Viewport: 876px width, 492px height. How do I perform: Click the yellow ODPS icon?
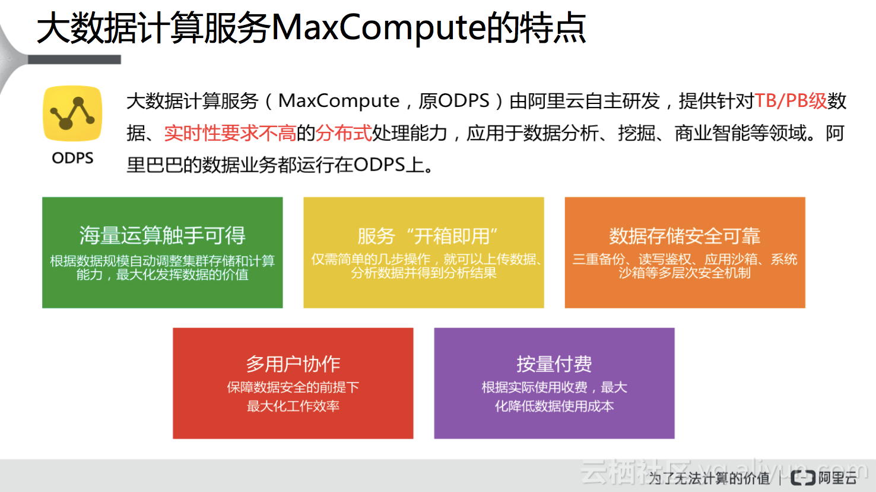[x=72, y=113]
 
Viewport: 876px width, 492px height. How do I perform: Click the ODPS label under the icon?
[x=72, y=158]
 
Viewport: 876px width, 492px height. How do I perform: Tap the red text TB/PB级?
[x=791, y=101]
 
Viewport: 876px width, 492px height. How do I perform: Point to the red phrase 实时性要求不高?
[x=230, y=133]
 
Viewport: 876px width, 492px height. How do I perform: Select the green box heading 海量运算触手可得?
[x=162, y=236]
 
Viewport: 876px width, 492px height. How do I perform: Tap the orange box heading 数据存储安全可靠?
[x=685, y=236]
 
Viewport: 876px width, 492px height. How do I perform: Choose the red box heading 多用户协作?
[x=293, y=364]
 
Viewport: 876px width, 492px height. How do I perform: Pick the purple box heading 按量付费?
[x=554, y=364]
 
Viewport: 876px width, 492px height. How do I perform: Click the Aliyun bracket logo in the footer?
[x=803, y=478]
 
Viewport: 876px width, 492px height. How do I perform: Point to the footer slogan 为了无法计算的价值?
[x=709, y=478]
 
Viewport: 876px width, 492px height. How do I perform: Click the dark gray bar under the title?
[x=74, y=59]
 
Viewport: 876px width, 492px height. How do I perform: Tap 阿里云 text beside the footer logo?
[x=837, y=478]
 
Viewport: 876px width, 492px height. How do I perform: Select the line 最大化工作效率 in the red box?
[x=293, y=406]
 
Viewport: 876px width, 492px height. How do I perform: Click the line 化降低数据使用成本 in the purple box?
[x=554, y=406]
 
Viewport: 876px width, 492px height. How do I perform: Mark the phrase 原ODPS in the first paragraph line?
[x=454, y=101]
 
